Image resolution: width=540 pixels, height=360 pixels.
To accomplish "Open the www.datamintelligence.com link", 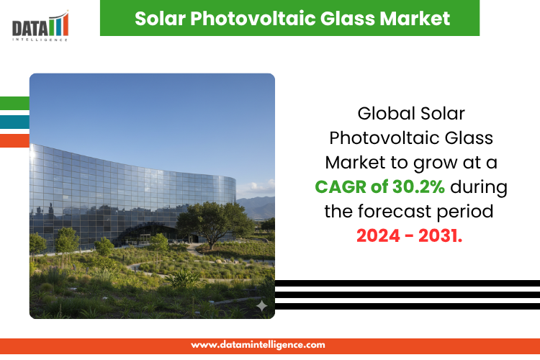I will (x=258, y=345).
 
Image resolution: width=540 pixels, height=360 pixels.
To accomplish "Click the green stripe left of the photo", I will (x=14, y=103).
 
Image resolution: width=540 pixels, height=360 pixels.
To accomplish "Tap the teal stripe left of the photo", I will (x=14, y=122).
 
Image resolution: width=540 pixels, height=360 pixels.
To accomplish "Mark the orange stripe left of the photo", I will (x=14, y=140).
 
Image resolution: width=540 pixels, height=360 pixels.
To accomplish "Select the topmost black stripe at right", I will (x=407, y=283).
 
